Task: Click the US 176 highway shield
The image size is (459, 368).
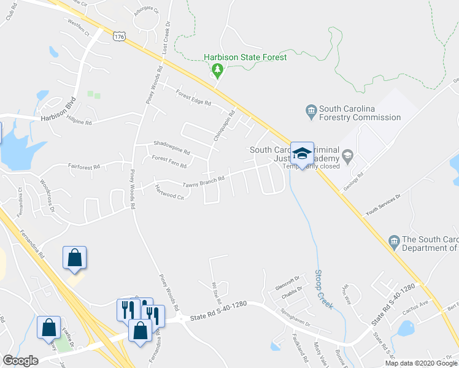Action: (119, 37)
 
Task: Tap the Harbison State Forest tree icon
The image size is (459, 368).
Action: (217, 71)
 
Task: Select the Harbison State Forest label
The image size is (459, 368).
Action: (245, 58)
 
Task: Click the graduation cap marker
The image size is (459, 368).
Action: (302, 153)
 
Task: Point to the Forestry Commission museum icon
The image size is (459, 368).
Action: (310, 111)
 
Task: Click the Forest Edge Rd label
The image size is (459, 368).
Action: (193, 98)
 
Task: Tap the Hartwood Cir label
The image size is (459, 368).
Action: (170, 193)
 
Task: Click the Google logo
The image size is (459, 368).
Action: (20, 361)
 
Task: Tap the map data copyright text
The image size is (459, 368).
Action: (421, 363)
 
